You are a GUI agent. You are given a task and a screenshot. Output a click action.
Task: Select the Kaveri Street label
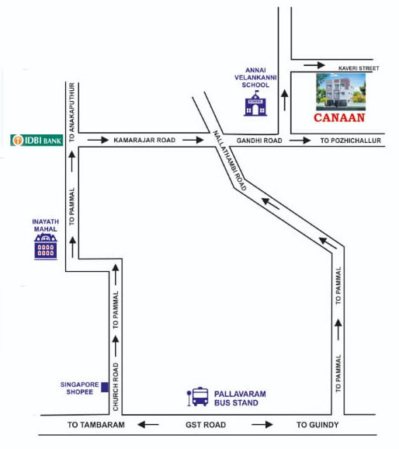pyautogui.click(x=356, y=69)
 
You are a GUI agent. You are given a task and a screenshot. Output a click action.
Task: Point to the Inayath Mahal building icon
pyautogui.click(x=46, y=249)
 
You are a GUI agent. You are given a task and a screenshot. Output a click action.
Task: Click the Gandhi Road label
pyautogui.click(x=259, y=141)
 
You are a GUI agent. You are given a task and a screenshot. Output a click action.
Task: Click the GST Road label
pyautogui.click(x=206, y=425)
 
